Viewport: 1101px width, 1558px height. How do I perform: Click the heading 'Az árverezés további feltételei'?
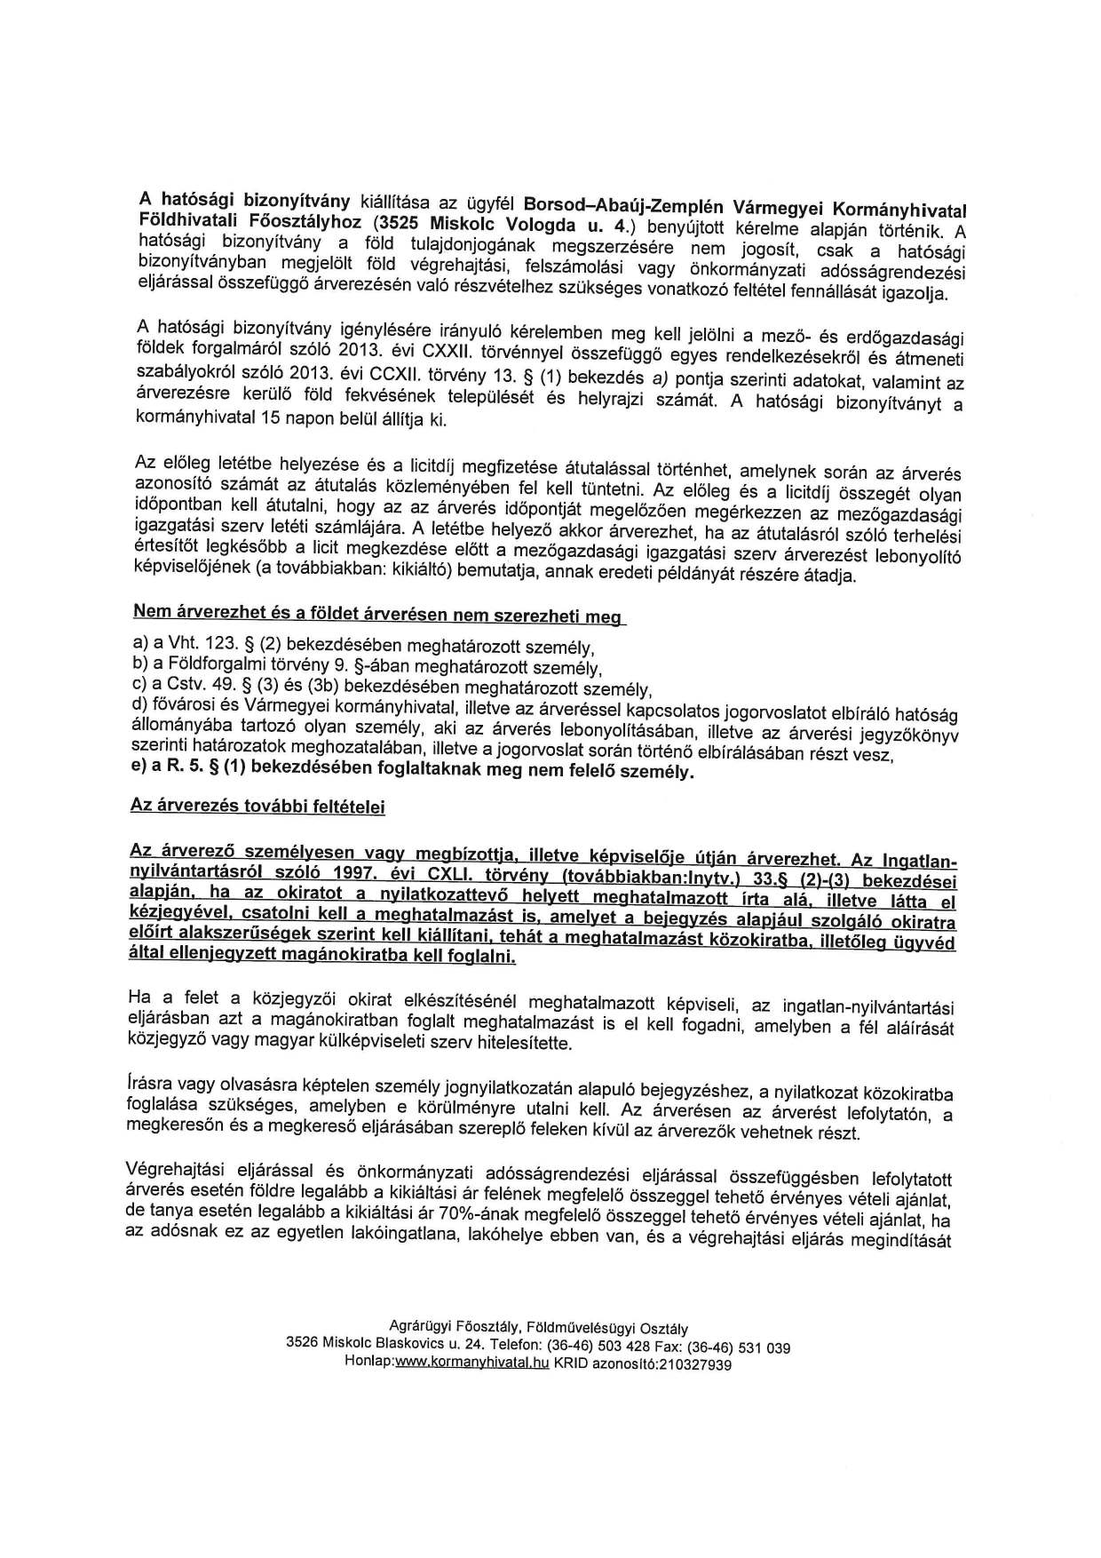pyautogui.click(x=257, y=806)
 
